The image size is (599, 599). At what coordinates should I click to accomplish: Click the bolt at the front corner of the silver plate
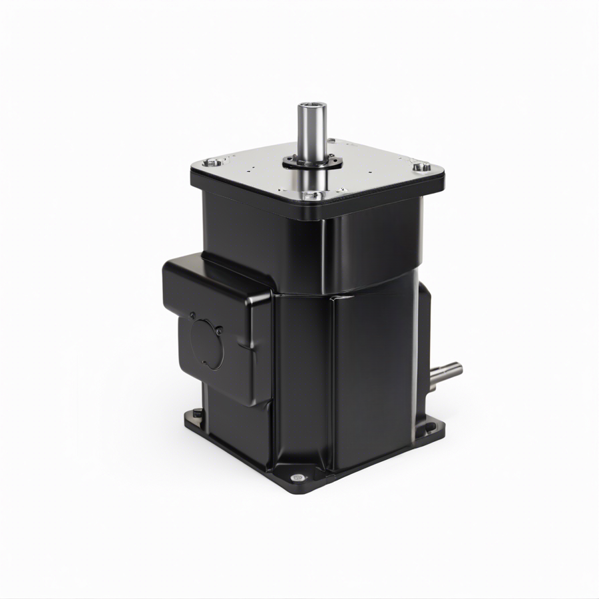point(311,195)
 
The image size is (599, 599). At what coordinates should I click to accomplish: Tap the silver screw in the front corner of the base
point(297,478)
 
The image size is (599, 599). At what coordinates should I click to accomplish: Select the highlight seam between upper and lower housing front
point(333,293)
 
